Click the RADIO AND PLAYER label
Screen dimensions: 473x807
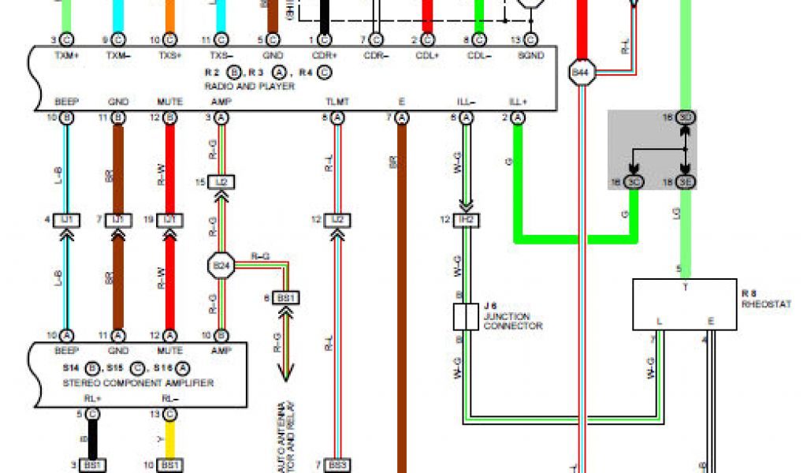click(x=249, y=86)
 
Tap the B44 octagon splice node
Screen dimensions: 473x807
click(x=580, y=73)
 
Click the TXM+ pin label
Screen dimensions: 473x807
click(x=65, y=56)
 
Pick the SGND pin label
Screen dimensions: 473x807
click(x=531, y=56)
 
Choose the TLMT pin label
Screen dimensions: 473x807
click(x=337, y=102)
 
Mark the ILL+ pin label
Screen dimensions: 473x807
click(x=518, y=102)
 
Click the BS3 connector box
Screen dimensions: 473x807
click(x=337, y=465)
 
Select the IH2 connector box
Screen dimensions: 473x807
click(x=466, y=219)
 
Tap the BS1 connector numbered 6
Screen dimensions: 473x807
click(x=286, y=297)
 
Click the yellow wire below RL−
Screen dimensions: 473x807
click(x=169, y=438)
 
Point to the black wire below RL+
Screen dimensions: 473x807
click(x=92, y=438)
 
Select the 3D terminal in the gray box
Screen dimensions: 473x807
click(x=686, y=118)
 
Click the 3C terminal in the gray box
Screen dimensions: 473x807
click(x=633, y=182)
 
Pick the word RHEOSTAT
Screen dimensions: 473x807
click(x=765, y=304)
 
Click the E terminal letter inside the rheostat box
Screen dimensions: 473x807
click(x=710, y=321)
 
